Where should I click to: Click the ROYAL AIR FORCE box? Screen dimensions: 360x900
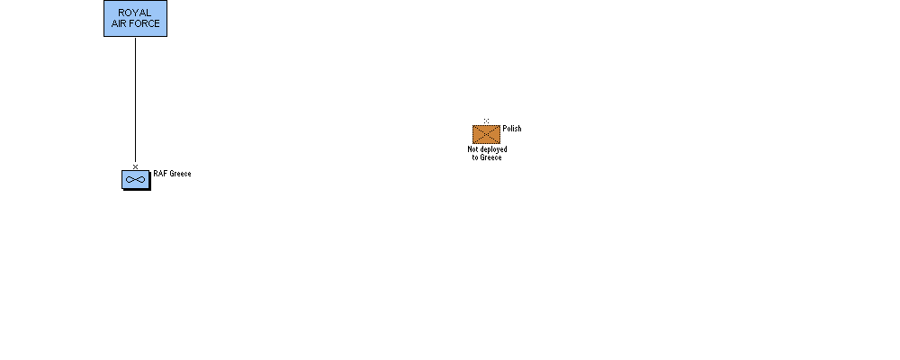135,18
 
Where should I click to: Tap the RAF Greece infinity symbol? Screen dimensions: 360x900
135,179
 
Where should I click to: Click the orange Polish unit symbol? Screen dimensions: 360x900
486,135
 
